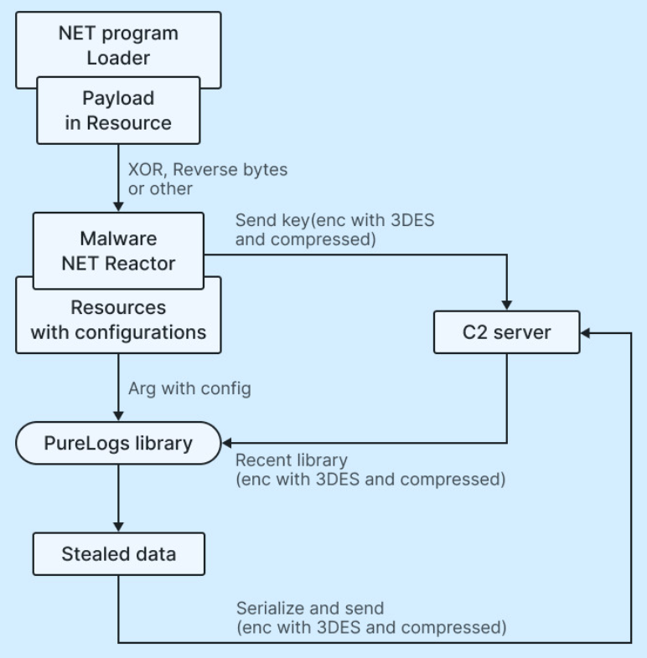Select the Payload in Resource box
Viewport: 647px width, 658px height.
click(x=118, y=111)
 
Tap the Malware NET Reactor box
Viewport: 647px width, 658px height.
click(x=118, y=251)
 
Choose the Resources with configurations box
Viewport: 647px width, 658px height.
click(x=118, y=321)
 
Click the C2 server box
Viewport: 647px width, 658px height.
click(x=507, y=332)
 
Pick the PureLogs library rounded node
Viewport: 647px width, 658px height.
click(x=117, y=443)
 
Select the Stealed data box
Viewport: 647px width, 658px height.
click(x=118, y=554)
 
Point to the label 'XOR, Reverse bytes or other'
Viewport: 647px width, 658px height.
click(x=207, y=178)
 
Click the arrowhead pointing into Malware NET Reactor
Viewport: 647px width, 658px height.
click(x=118, y=206)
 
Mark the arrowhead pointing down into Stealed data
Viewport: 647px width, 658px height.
click(x=118, y=527)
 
